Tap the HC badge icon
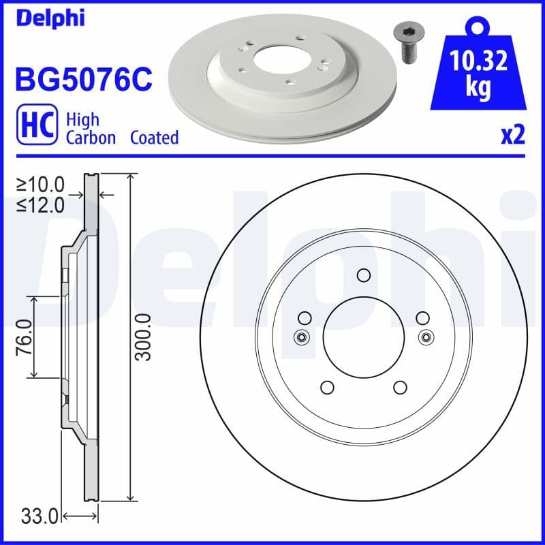point(36,127)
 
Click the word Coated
point(154,138)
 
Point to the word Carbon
point(92,138)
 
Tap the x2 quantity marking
point(512,136)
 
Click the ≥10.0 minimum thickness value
point(41,184)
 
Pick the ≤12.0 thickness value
point(41,204)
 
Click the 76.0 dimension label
point(25,337)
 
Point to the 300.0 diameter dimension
point(142,337)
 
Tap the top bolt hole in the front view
point(363,275)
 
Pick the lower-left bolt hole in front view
point(327,387)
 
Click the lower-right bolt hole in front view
point(400,387)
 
